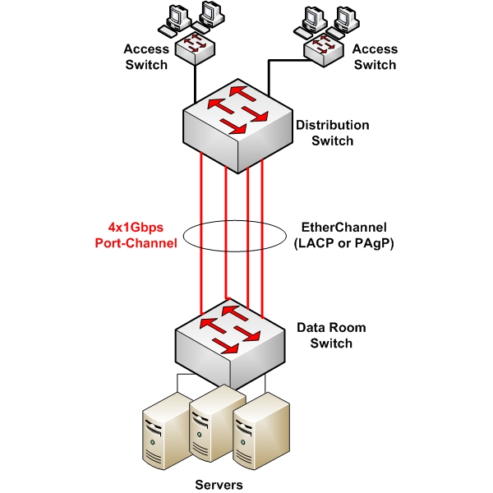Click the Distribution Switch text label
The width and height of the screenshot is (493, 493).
click(x=332, y=133)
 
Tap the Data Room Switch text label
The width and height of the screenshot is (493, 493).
click(x=330, y=335)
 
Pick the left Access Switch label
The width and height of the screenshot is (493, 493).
click(x=146, y=57)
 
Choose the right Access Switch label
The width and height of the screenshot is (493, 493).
click(x=374, y=57)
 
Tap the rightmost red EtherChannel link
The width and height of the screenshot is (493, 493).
click(x=262, y=238)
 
